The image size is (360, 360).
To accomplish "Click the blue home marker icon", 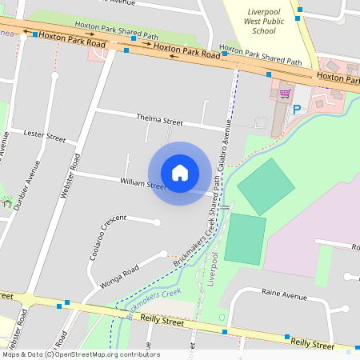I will [x=180, y=173].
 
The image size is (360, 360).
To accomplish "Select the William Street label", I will [x=142, y=184].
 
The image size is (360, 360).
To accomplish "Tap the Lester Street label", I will [x=45, y=135].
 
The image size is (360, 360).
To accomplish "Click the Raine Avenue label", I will [x=284, y=295].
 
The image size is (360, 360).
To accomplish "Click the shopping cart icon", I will [x=284, y=94].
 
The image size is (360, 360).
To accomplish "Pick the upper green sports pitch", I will [x=266, y=186].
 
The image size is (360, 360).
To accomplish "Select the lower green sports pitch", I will [x=245, y=239].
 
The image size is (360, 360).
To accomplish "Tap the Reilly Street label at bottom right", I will [x=312, y=343].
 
